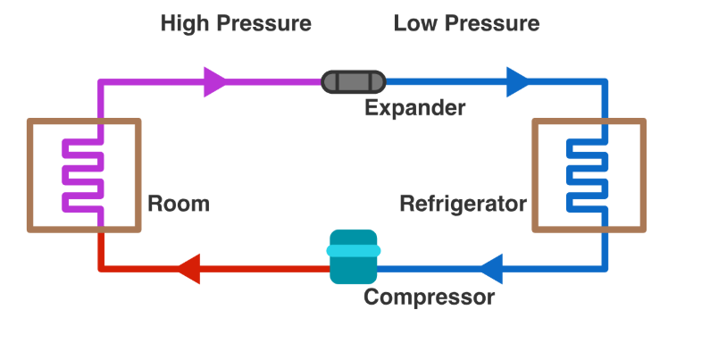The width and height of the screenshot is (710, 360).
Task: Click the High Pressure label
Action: click(x=236, y=23)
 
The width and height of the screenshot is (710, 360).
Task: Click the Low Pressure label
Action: click(x=466, y=23)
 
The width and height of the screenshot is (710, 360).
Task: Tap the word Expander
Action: click(x=414, y=109)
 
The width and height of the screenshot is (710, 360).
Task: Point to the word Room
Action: click(x=179, y=204)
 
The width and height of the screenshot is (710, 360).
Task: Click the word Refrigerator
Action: click(x=463, y=204)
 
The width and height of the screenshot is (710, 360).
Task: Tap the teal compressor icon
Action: click(x=355, y=257)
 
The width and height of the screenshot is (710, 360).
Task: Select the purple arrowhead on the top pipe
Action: click(x=215, y=82)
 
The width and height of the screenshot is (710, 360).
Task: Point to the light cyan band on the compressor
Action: click(x=355, y=251)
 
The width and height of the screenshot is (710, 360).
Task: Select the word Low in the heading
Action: click(x=413, y=23)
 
